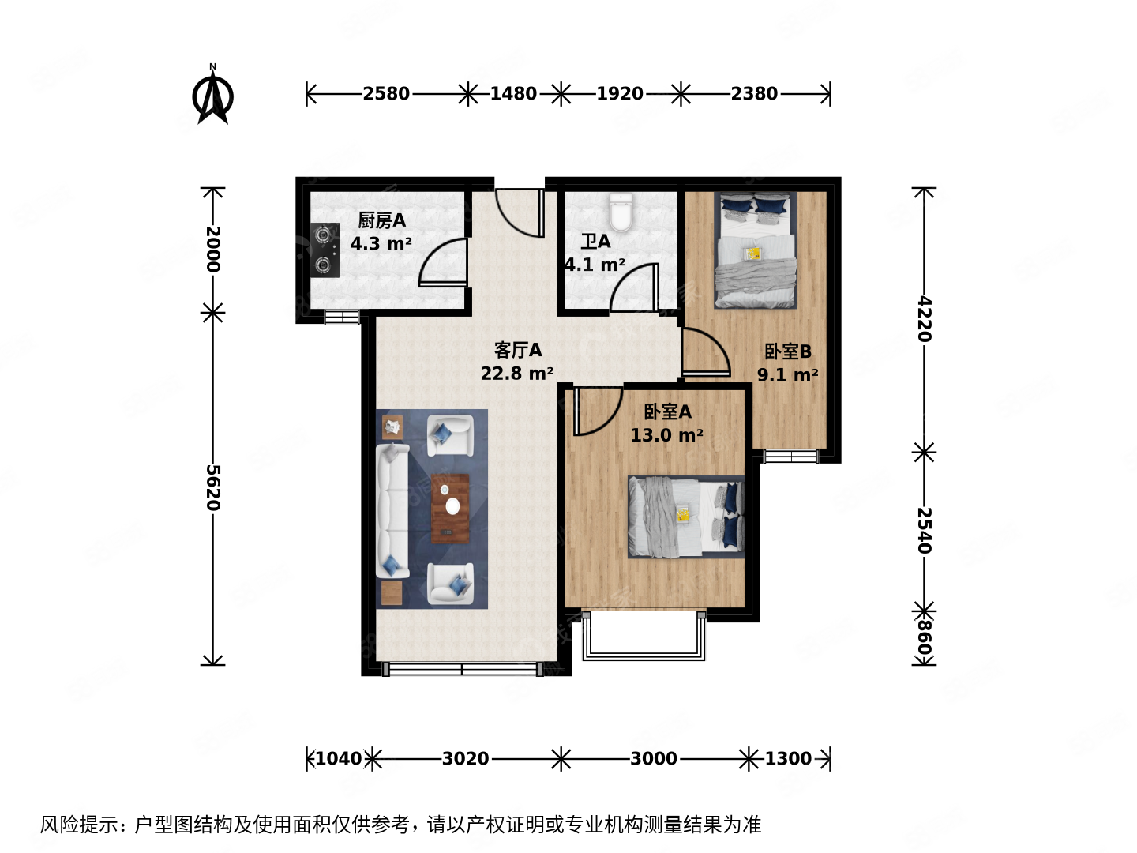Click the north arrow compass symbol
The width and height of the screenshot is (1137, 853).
point(212,97)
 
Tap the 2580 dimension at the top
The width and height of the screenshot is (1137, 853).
point(386,94)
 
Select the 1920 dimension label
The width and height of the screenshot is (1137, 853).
point(620,94)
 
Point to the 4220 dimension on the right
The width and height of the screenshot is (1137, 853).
point(924,319)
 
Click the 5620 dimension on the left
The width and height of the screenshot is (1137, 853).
point(213,487)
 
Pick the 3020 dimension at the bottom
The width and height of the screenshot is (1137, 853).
point(465,759)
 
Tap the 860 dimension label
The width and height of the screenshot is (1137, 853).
point(924,639)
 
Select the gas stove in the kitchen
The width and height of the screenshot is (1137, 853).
point(324,250)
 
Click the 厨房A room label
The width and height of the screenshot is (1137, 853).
point(381,220)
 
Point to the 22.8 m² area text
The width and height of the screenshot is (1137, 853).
point(517,374)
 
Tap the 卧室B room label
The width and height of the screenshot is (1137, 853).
point(787,351)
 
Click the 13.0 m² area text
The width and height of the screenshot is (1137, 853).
point(666,435)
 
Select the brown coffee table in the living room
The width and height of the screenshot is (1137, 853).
point(450,509)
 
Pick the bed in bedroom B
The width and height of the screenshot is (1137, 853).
point(755,250)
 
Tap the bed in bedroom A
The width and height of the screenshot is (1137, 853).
point(685,517)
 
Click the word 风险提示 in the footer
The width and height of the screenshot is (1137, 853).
point(76,825)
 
